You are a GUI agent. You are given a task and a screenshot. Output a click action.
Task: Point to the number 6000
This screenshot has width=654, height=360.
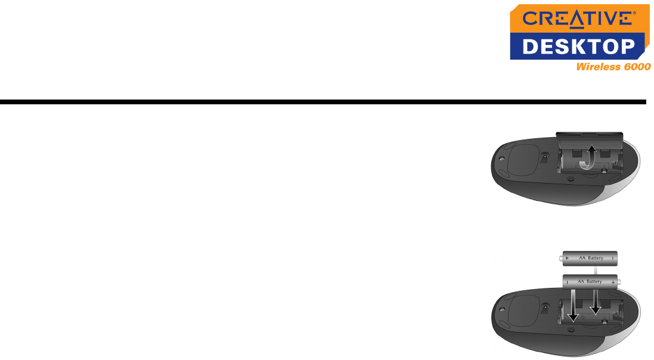point(635,67)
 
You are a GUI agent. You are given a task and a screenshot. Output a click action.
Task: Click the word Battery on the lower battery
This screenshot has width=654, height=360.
point(599,280)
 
